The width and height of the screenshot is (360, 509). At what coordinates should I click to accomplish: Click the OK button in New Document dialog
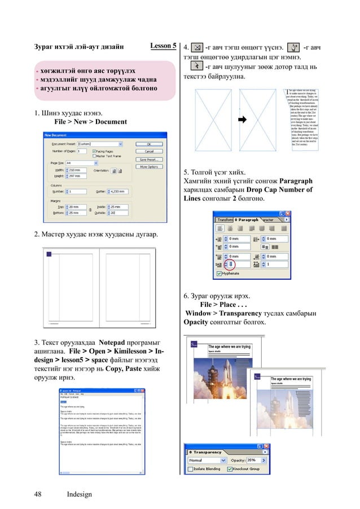[x=149, y=144]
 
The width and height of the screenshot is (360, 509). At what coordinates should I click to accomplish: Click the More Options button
[x=149, y=167]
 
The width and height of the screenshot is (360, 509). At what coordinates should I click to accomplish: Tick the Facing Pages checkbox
[x=94, y=151]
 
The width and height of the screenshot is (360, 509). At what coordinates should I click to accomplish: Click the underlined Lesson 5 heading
[x=164, y=46]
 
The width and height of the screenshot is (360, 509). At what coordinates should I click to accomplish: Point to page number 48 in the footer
[x=38, y=494]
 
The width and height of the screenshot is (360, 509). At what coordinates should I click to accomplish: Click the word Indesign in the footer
[x=79, y=494]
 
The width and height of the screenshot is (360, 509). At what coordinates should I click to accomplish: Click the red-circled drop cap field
[x=230, y=264]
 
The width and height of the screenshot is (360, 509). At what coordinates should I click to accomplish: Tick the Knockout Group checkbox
[x=230, y=469]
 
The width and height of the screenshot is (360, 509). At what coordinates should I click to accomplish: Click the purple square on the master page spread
[x=49, y=256]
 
